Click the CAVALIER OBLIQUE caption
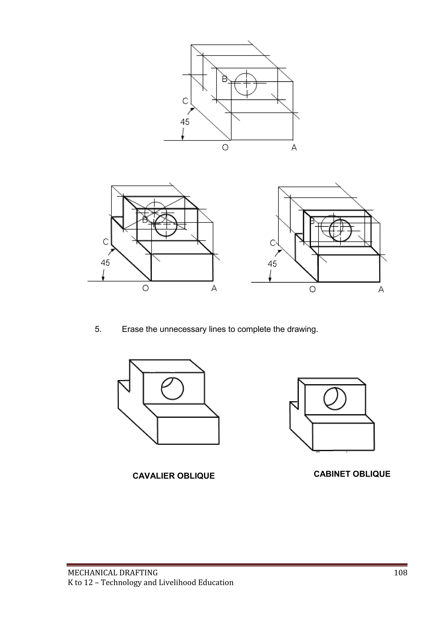tap(173, 476)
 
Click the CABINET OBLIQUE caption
tap(352, 474)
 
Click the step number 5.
tap(98, 329)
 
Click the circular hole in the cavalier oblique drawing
tap(172, 389)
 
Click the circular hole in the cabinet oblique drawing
tap(335, 399)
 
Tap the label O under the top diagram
tap(225, 148)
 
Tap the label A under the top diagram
tap(294, 148)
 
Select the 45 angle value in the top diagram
tap(185, 122)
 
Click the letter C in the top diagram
tap(185, 101)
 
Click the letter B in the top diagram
tap(225, 79)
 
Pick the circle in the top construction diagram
tap(245, 84)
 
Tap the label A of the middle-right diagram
tap(381, 289)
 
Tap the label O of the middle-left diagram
tap(145, 288)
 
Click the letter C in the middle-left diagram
tap(106, 242)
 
